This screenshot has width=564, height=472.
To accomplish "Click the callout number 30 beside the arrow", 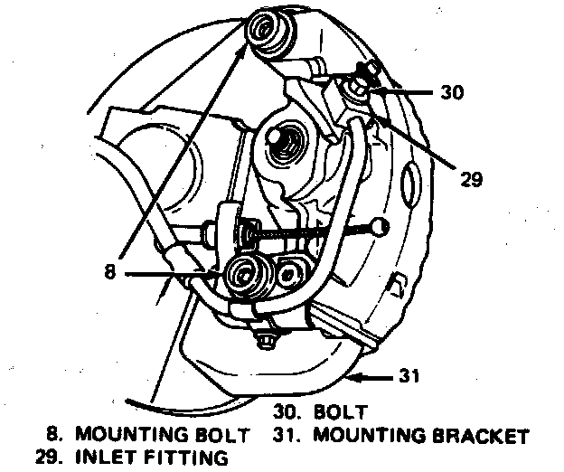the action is tap(452, 91).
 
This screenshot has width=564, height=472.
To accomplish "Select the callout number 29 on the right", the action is tap(471, 178).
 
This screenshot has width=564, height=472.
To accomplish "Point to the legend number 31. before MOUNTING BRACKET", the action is tap(287, 435).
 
